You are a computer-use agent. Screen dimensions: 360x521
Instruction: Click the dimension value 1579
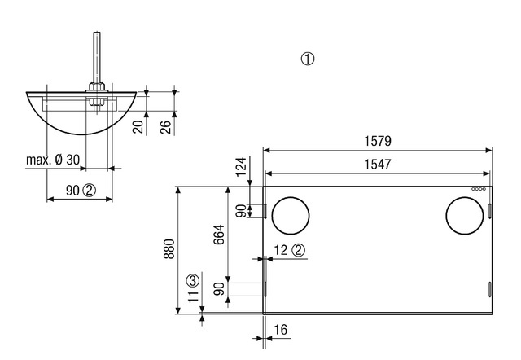[x=378, y=141]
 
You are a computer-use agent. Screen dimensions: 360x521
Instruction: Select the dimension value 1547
[x=378, y=164]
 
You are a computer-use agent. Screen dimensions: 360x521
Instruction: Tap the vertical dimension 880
[x=169, y=249]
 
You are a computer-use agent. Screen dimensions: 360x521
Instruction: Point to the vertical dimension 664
[x=218, y=235]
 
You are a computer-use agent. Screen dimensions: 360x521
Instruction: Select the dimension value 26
[x=166, y=126]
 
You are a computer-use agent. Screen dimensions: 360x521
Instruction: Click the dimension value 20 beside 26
[x=138, y=126]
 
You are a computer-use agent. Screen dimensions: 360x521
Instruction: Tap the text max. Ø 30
[x=53, y=160]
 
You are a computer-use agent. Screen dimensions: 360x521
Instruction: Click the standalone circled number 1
[x=308, y=59]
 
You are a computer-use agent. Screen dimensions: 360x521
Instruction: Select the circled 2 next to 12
[x=299, y=251]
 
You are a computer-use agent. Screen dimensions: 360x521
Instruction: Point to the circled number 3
[x=192, y=279]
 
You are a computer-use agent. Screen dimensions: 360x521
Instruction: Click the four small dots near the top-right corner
[x=479, y=190]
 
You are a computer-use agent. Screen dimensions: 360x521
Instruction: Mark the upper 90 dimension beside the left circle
[x=241, y=210]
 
